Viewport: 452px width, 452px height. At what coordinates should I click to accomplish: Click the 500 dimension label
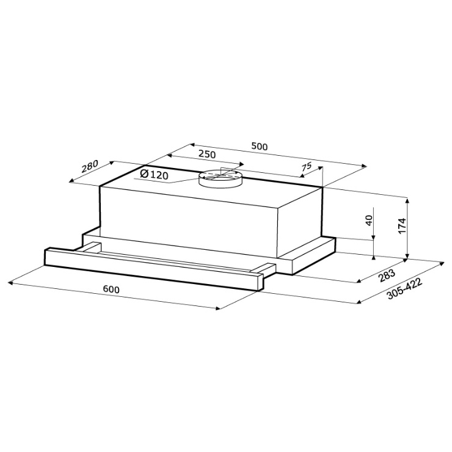(260, 147)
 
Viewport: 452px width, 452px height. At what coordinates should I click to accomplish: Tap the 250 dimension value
(207, 155)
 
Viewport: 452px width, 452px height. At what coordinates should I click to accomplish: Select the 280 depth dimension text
(90, 166)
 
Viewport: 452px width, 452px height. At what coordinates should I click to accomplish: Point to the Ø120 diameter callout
(154, 175)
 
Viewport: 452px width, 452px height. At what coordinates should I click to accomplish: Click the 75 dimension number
(307, 167)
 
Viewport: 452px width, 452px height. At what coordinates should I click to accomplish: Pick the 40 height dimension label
(370, 221)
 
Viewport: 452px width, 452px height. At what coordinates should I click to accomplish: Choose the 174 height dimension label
(402, 226)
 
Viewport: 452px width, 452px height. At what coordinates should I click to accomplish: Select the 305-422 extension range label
(404, 289)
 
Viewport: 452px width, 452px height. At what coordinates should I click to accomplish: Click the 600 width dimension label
(111, 289)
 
